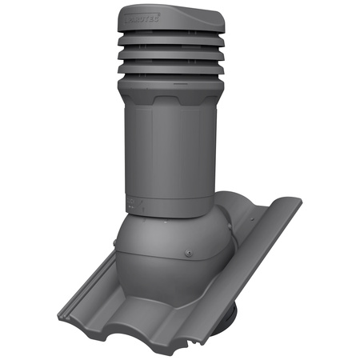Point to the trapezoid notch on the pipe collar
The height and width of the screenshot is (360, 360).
coord(173,99)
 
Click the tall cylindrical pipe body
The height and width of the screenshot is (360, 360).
coord(172,152)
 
